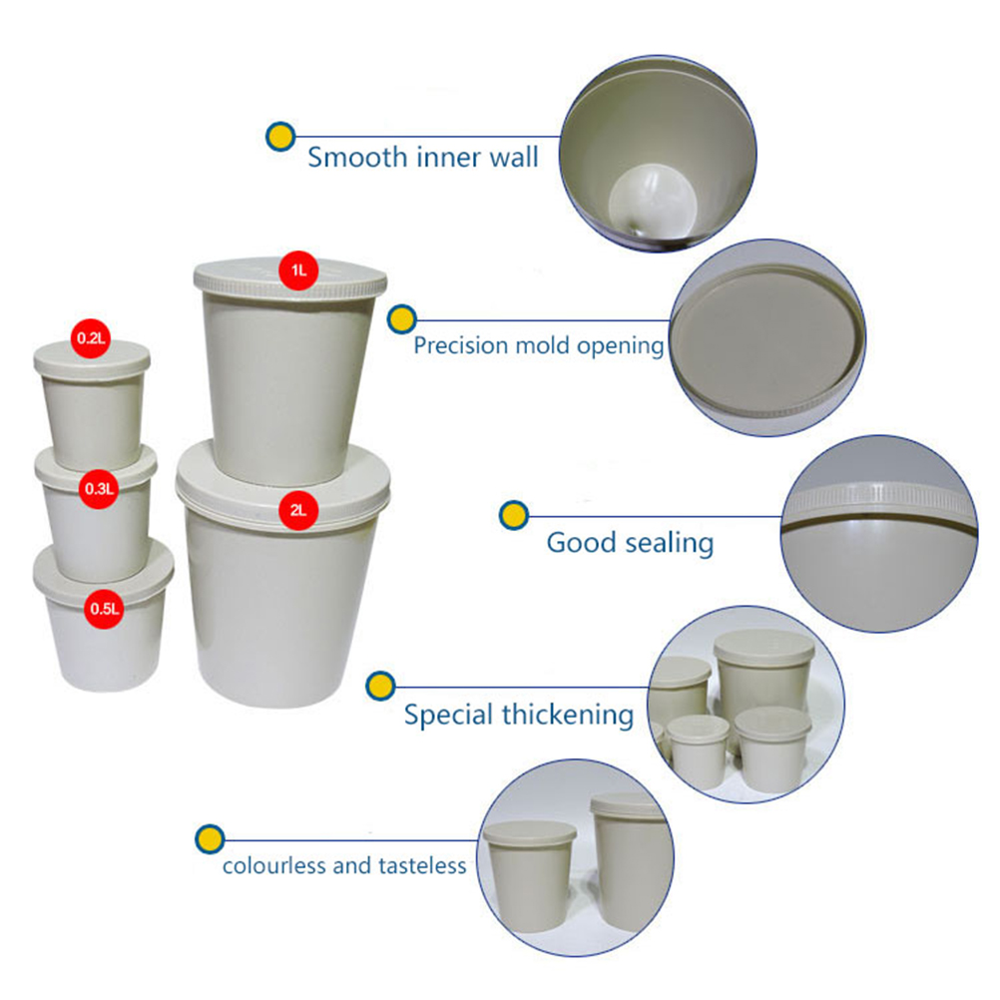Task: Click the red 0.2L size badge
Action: click(91, 338)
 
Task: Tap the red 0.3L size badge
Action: click(99, 489)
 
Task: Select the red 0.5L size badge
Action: click(104, 609)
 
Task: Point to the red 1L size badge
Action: click(298, 270)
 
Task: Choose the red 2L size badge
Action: click(298, 510)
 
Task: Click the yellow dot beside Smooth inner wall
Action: click(280, 137)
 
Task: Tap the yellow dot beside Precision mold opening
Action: click(402, 319)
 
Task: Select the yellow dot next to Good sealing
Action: click(514, 515)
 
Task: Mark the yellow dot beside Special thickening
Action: click(381, 687)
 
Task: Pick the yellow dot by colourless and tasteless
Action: click(210, 839)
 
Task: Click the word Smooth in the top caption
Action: click(357, 157)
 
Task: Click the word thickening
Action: click(568, 715)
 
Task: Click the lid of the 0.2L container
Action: click(92, 361)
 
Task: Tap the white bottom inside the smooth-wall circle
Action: click(652, 201)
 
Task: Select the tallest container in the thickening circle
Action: click(764, 676)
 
